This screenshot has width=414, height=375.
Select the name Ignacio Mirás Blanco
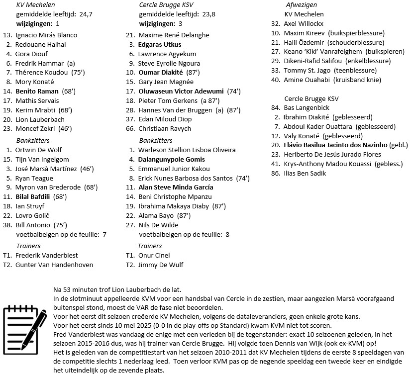click(46, 35)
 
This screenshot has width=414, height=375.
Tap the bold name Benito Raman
click(37, 92)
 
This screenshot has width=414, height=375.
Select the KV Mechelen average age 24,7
click(83, 14)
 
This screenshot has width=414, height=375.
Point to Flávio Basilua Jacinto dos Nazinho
click(335, 145)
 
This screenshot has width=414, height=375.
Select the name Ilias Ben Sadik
click(305, 174)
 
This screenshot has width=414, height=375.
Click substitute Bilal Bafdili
click(35, 197)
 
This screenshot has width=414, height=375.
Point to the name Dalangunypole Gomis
click(172, 160)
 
